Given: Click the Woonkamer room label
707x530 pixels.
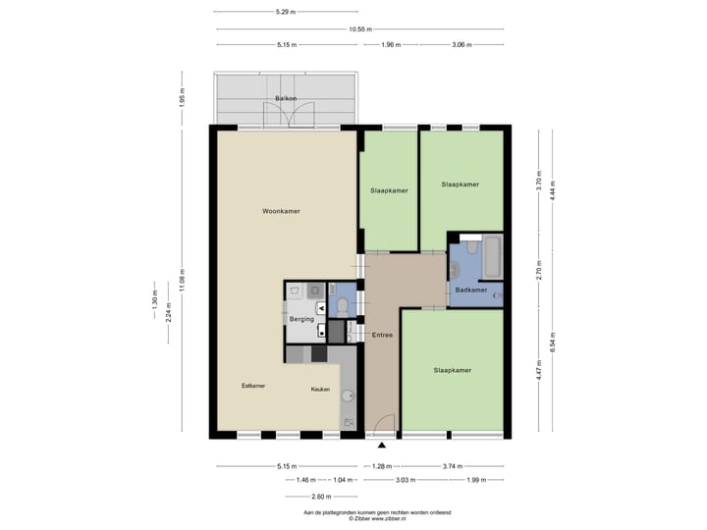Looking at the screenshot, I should (281, 211).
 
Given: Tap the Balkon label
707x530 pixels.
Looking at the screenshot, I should (286, 99).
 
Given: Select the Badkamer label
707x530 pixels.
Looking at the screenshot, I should (471, 290).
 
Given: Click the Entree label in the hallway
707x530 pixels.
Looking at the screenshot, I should (382, 336).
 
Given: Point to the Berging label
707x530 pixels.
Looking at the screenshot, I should (301, 319).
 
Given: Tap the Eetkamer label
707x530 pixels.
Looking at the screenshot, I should (253, 386).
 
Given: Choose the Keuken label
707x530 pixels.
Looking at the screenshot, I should (320, 390).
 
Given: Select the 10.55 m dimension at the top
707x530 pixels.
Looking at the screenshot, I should (359, 28).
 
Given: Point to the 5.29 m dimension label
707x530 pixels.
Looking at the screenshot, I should (286, 12).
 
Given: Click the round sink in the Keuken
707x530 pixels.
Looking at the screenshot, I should (347, 397).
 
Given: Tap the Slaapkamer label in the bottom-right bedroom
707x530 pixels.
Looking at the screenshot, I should (453, 370).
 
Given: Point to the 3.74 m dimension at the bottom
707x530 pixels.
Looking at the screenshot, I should (452, 466).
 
